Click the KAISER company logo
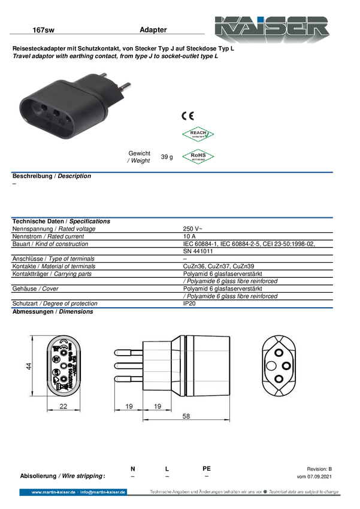(273, 27)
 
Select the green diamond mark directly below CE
(198, 135)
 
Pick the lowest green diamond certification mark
(198, 156)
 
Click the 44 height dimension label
(28, 367)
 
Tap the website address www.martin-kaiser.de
(53, 492)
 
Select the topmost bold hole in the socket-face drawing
(279, 352)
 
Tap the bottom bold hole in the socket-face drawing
(279, 378)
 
